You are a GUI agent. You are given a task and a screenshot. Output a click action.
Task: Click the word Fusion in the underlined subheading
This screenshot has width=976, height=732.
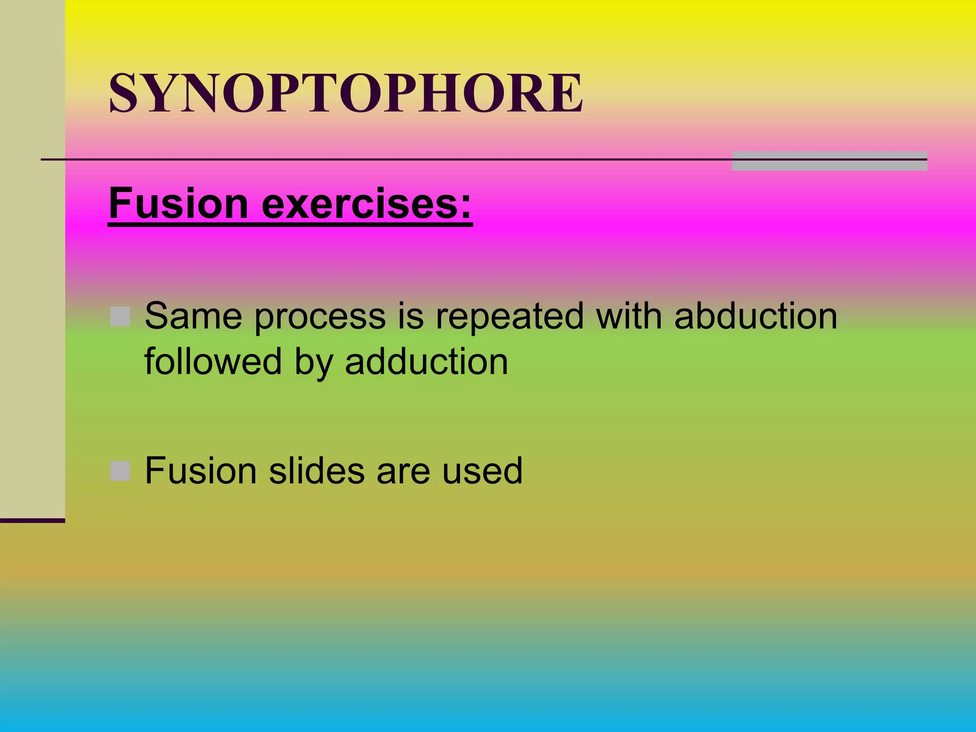tap(178, 204)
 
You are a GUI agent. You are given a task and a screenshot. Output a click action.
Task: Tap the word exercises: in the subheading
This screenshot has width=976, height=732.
tap(366, 204)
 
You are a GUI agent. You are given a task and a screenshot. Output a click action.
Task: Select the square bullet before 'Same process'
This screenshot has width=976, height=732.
tap(120, 316)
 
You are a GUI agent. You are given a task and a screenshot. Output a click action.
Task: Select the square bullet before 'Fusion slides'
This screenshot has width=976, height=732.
tap(120, 471)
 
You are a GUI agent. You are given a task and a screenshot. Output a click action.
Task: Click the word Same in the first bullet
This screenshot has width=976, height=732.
tap(193, 316)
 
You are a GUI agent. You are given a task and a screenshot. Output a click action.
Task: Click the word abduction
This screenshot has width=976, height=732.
tap(755, 316)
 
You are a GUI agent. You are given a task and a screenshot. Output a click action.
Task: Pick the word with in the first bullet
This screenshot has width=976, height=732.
tap(629, 316)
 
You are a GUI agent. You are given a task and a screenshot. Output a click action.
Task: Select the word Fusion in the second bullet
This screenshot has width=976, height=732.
tap(201, 471)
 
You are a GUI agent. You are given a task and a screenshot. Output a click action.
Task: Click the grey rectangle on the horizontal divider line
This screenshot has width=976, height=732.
tap(829, 161)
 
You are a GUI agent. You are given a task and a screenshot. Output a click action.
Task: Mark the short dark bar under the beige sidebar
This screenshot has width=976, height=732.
tap(32, 520)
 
